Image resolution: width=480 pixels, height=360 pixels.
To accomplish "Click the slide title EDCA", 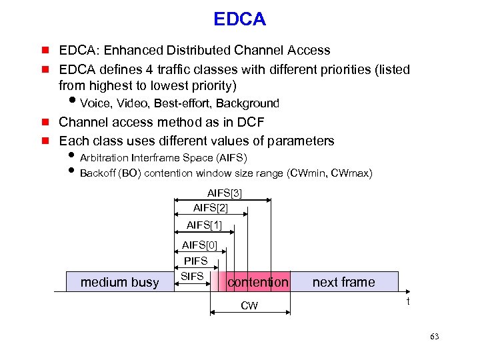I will point(239,19).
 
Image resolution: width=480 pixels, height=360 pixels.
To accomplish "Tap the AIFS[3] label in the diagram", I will point(224,193).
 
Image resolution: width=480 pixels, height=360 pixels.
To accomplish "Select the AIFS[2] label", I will point(210,208).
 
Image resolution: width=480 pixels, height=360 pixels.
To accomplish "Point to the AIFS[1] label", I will point(204,225).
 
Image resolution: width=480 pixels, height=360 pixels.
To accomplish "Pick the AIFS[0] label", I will point(199,245).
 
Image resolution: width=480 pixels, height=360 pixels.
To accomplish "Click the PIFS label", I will point(195,261).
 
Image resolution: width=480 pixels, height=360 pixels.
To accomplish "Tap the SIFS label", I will point(191,275).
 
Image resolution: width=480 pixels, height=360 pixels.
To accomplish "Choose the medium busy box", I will point(119,282).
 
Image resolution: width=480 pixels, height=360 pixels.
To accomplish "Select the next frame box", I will point(343,282).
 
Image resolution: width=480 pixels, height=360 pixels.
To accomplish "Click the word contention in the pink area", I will point(258,282).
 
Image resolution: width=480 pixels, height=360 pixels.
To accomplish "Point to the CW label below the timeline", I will point(249,306).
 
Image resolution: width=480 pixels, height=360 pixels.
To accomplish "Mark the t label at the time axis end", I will point(409,301).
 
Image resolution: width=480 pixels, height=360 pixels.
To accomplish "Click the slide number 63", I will point(435,337).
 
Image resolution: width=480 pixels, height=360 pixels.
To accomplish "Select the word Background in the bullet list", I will point(247,103).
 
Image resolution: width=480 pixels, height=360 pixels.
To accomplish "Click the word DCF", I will point(249,122).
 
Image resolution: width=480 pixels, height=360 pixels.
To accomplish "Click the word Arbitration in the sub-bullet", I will point(104,158).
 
